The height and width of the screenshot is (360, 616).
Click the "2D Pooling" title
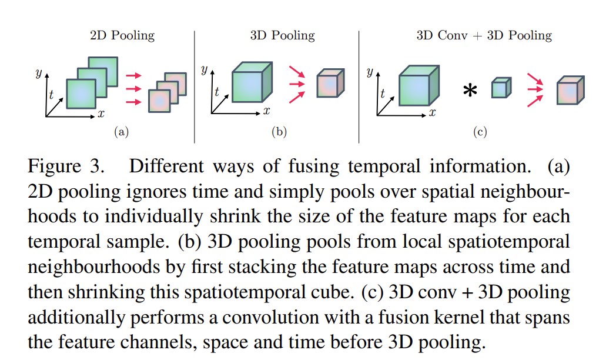[122, 36]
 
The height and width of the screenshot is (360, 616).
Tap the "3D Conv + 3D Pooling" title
[484, 36]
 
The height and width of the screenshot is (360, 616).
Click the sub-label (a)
[121, 132]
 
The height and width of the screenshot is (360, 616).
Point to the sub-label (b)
[279, 132]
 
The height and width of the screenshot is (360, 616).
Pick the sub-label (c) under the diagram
[480, 132]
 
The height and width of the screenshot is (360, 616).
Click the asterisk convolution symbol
[470, 91]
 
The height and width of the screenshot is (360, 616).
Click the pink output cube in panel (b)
[330, 84]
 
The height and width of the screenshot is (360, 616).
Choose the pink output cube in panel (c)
[570, 91]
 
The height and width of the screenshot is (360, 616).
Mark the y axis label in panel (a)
[38, 74]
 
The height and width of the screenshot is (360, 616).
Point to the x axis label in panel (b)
[266, 111]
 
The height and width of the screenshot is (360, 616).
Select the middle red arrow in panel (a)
[134, 89]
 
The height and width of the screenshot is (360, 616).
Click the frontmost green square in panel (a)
[81, 94]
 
